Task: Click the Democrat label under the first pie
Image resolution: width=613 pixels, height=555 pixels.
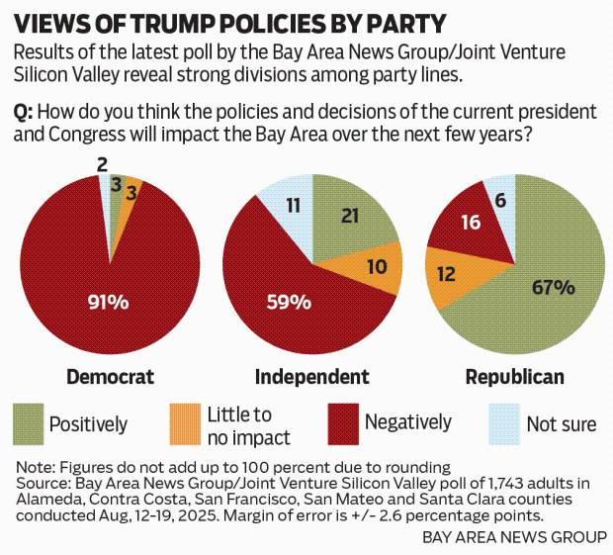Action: (x=111, y=377)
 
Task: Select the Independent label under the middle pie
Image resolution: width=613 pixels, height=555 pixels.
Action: (x=311, y=377)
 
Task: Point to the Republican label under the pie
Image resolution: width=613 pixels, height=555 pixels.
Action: (x=515, y=377)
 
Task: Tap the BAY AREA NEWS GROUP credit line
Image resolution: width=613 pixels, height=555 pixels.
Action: (x=515, y=537)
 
